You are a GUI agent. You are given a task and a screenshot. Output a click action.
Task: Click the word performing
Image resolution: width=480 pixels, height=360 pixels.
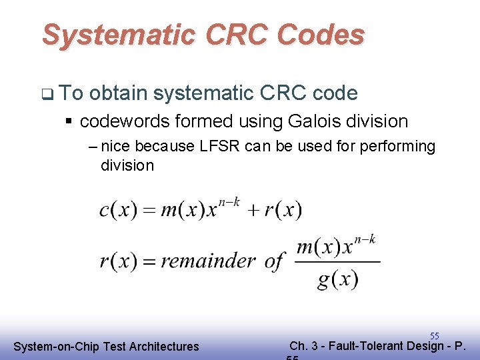[x=397, y=146]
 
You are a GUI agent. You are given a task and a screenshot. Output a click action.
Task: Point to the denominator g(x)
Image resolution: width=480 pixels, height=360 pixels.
[x=337, y=279]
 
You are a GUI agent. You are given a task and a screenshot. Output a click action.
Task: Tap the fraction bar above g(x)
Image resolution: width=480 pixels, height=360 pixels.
[x=337, y=262]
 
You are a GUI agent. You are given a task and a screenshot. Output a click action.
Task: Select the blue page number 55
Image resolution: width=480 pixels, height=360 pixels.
[x=434, y=336]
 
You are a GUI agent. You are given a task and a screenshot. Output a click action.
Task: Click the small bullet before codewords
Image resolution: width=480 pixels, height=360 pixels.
[x=69, y=122]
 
